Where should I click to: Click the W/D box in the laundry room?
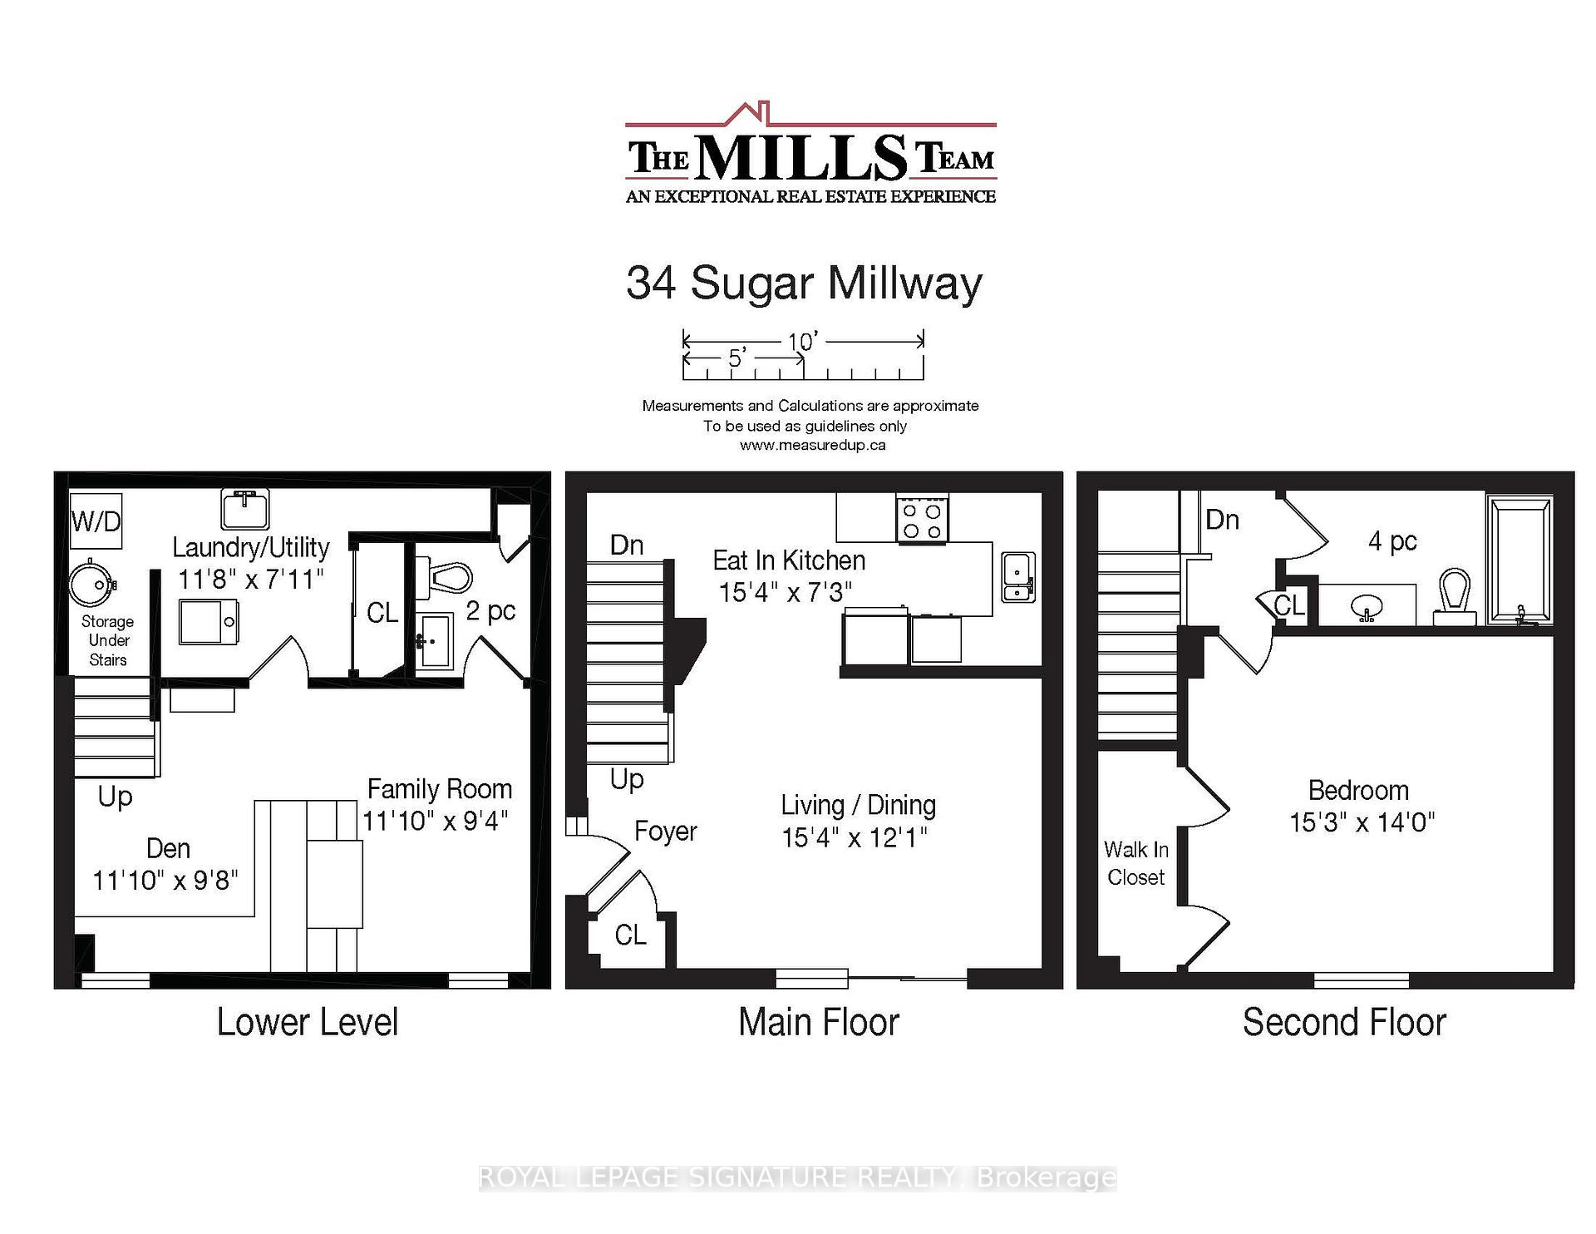point(96,521)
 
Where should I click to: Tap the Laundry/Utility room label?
point(251,547)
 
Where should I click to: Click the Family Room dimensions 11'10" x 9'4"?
point(436,821)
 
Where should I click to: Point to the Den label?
point(168,848)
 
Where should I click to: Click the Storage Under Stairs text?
point(108,640)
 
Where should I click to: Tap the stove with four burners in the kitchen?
point(922,520)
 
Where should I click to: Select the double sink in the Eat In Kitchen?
point(1018,576)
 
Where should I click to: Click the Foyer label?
point(665,831)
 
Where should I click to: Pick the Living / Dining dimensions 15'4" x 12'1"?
point(855,837)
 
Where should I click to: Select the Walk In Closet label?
point(1135,863)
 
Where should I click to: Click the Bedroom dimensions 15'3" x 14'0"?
point(1361,822)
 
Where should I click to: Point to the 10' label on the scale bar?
point(803,341)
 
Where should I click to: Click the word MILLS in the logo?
point(801,158)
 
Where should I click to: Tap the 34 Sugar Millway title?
point(804,283)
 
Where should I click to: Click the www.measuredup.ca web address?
point(812,445)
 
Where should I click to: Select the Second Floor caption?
point(1343,1022)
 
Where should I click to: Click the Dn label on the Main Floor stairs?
point(627,545)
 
